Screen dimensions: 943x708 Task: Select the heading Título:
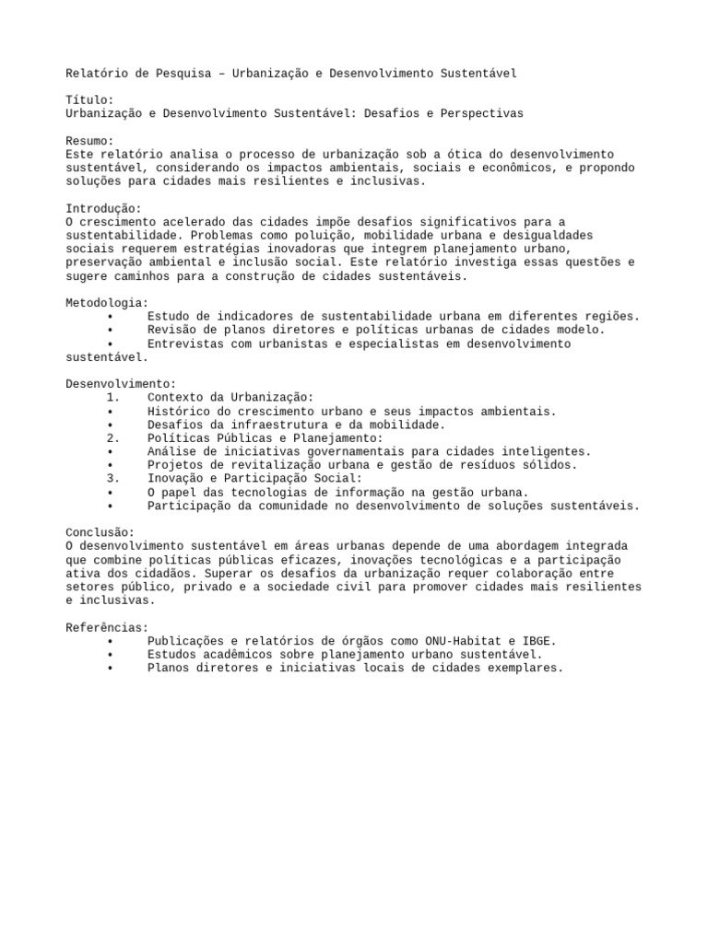pos(89,99)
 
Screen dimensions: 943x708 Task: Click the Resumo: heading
pos(89,141)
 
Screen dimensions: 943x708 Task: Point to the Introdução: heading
pos(103,208)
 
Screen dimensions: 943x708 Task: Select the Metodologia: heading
pos(107,303)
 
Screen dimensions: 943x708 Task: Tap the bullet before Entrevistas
pos(111,343)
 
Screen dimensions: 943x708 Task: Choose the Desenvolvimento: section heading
pos(120,384)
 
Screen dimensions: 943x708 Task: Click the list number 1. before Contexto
pos(113,398)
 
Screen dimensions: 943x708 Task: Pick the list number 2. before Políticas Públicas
pos(113,438)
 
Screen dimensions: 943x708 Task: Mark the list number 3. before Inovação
pos(113,479)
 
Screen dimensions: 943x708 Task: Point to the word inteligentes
pos(550,452)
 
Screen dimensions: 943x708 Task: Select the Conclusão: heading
pos(100,533)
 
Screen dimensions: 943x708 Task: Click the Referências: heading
pos(107,628)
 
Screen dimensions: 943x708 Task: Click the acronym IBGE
pos(540,641)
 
